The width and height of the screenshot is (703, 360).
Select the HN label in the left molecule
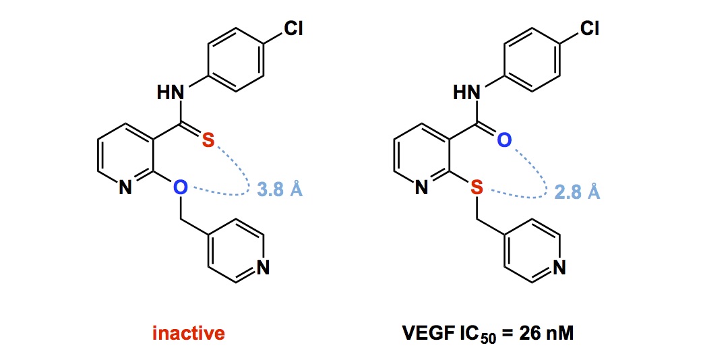pyautogui.click(x=171, y=94)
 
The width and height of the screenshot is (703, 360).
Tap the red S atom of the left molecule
pyautogui.click(x=209, y=141)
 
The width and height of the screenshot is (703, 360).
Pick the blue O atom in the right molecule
pyautogui.click(x=505, y=140)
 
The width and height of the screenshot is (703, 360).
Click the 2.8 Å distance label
pyautogui.click(x=577, y=191)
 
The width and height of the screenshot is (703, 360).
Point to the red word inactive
pyautogui.click(x=189, y=333)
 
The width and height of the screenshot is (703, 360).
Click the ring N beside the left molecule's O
pyautogui.click(x=125, y=189)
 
